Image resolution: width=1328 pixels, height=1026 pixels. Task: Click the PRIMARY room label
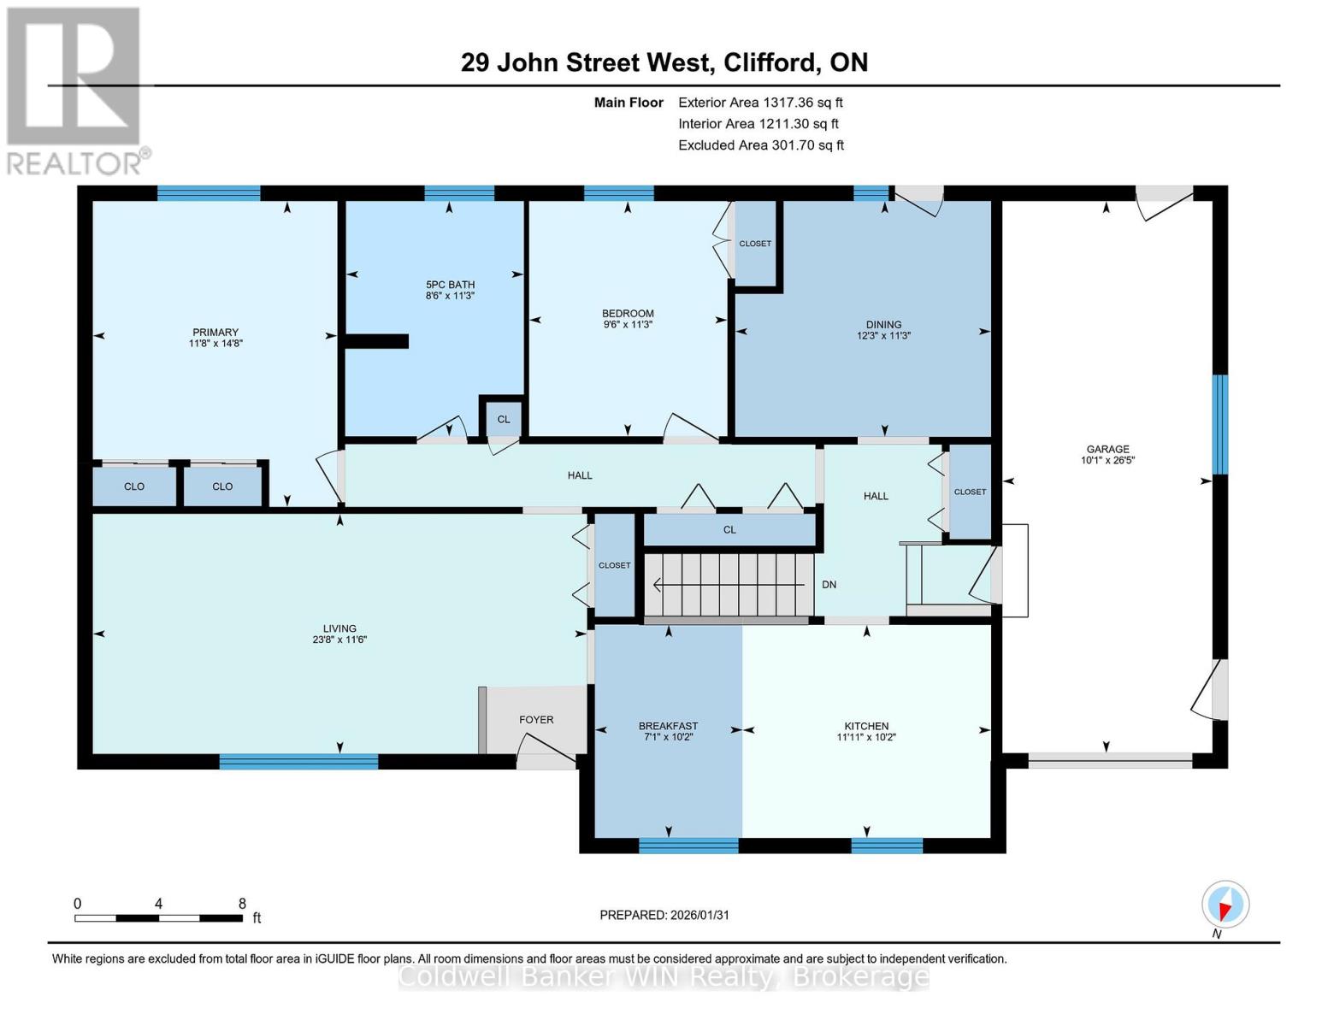(x=215, y=333)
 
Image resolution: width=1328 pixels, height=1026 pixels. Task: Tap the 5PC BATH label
(x=450, y=285)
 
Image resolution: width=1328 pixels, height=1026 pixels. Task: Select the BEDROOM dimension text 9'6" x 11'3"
(x=628, y=325)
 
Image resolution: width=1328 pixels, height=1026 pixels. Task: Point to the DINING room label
(x=883, y=324)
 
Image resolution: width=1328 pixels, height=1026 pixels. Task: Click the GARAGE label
(x=1107, y=449)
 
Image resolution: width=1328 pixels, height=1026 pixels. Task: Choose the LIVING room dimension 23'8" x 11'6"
(x=339, y=640)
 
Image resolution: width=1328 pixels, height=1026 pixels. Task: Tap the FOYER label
(x=536, y=720)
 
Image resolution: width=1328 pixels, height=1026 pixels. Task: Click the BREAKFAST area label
(x=668, y=726)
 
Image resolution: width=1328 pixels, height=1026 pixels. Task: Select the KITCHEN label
(x=866, y=726)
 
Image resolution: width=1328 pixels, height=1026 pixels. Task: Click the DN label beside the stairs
(x=829, y=585)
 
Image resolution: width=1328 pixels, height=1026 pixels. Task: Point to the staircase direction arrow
(x=727, y=586)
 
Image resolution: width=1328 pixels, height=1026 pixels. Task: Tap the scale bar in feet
(x=158, y=918)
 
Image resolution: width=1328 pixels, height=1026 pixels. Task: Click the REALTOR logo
(x=75, y=90)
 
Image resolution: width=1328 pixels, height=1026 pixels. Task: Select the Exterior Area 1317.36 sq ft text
(x=760, y=103)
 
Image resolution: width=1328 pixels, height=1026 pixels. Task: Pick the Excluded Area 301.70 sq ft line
(x=760, y=145)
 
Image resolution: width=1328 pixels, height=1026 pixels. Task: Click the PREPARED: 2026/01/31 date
(x=664, y=915)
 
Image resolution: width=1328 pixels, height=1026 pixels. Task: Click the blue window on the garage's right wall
(x=1220, y=424)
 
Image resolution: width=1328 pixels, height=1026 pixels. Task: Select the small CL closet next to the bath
(x=504, y=419)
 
